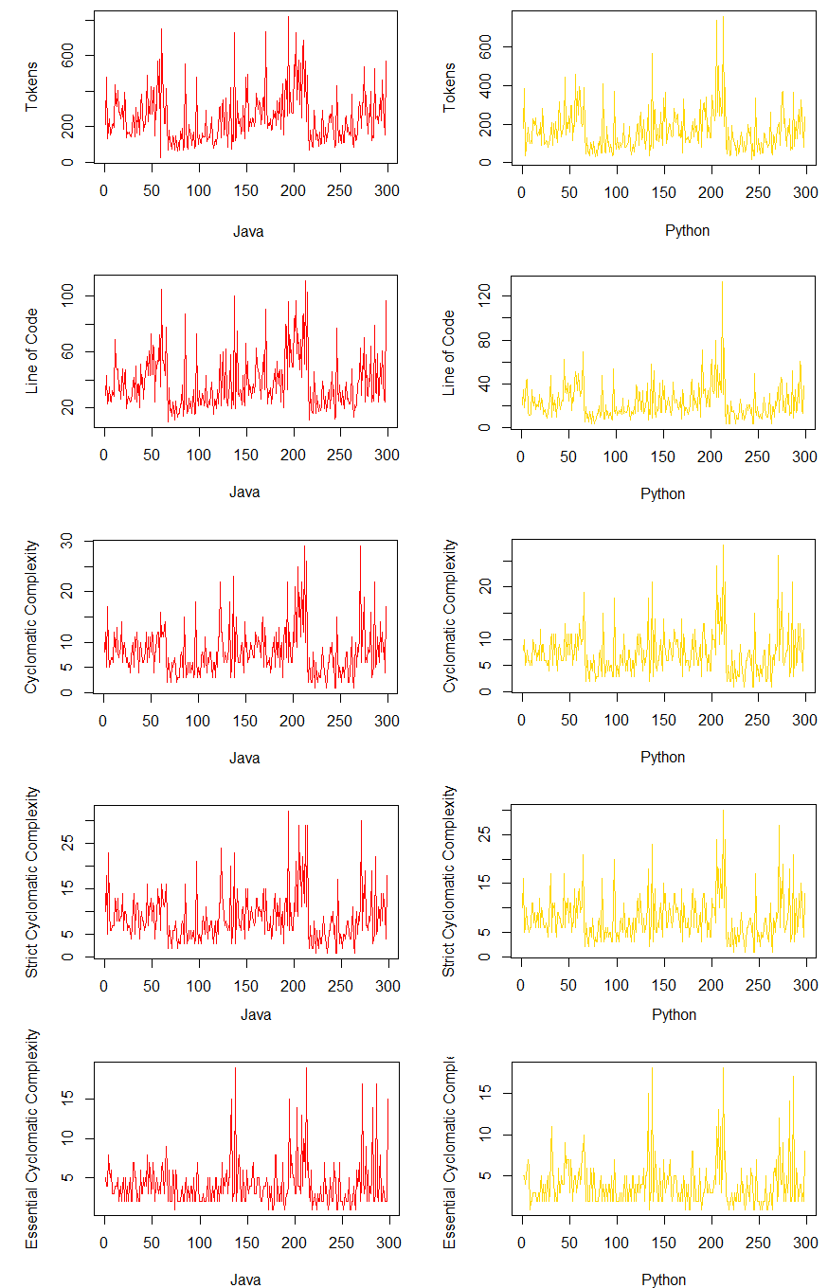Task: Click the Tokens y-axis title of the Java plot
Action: [x=32, y=87]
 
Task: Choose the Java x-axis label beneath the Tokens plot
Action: [x=248, y=231]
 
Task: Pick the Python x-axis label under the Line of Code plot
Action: [x=663, y=493]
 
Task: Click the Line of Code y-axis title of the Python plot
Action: [x=451, y=352]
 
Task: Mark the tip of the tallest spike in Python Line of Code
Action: [x=722, y=281]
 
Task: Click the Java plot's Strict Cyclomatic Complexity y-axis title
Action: [x=32, y=881]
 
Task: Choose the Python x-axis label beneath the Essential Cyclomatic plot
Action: [x=663, y=1279]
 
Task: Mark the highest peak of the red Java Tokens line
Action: [x=288, y=16]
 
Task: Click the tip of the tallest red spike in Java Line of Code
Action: [x=305, y=280]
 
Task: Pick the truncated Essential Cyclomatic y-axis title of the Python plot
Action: [x=451, y=1151]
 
